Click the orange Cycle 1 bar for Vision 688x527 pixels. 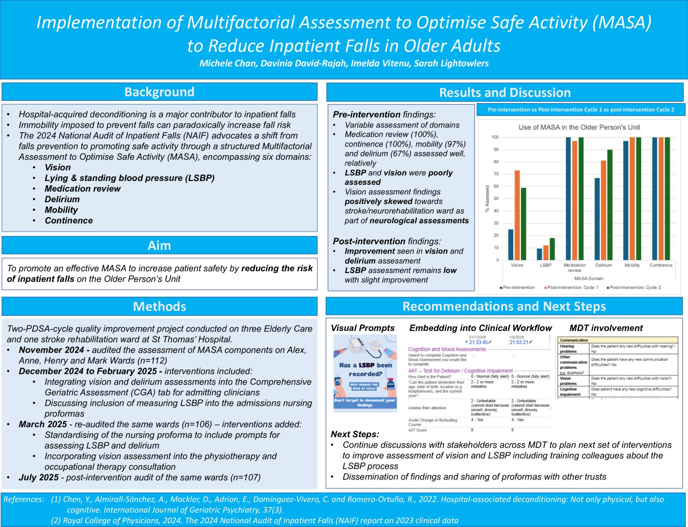tap(517, 215)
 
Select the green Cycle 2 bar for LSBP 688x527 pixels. tap(552, 249)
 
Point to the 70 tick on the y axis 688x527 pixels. tap(496, 174)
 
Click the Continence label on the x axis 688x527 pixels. tap(661, 265)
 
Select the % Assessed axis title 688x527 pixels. tap(487, 199)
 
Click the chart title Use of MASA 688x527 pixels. tap(579, 127)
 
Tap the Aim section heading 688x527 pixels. tap(159, 245)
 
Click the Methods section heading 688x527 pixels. tap(159, 306)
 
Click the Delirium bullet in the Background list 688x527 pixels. tap(62, 199)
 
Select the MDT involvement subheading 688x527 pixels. tap(606, 328)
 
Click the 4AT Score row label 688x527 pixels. tap(417, 430)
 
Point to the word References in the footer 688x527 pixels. tap(23, 500)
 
